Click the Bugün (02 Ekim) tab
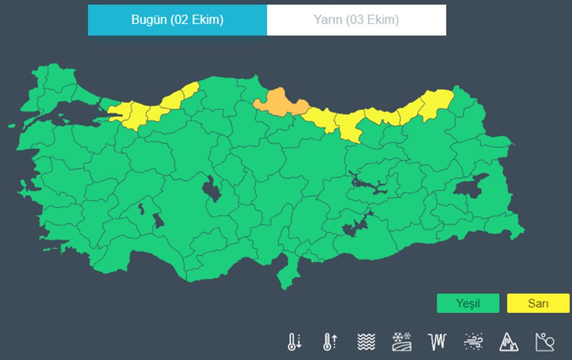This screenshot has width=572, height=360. click(x=177, y=20)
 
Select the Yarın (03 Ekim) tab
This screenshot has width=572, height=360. click(x=356, y=20)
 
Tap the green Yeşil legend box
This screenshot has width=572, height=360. click(x=467, y=303)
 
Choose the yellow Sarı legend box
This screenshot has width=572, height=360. click(x=538, y=303)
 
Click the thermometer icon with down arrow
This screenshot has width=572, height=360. click(x=294, y=342)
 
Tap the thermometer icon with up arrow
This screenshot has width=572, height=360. click(x=329, y=342)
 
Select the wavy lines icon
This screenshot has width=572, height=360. click(x=366, y=342)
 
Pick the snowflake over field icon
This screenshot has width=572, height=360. click(x=401, y=342)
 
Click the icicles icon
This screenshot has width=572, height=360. click(x=436, y=342)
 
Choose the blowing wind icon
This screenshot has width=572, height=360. click(x=473, y=342)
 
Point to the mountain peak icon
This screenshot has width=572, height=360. click(x=509, y=342)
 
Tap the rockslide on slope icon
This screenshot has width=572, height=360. click(x=545, y=342)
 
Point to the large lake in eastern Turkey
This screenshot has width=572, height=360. click(x=470, y=186)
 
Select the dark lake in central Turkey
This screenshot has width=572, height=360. click(x=212, y=188)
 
